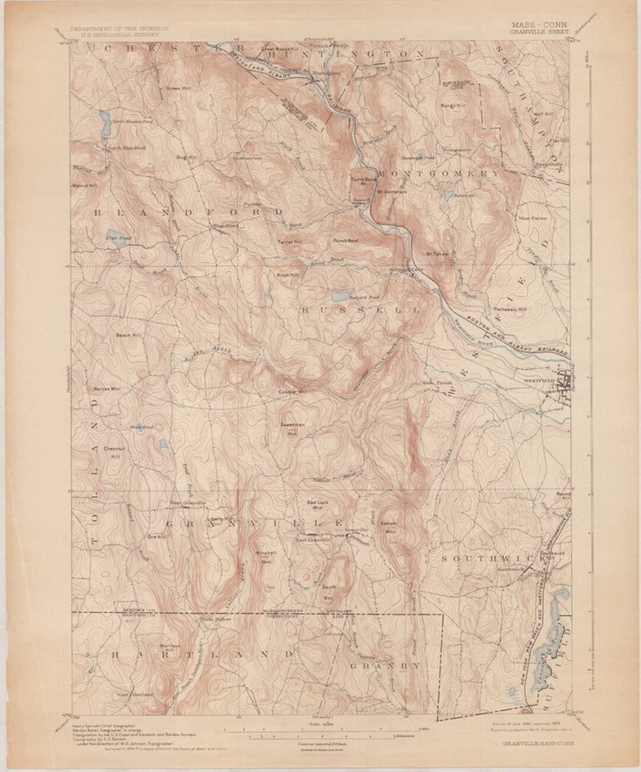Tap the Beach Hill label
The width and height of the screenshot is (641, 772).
point(128,336)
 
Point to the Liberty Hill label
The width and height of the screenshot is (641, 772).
point(218,518)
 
